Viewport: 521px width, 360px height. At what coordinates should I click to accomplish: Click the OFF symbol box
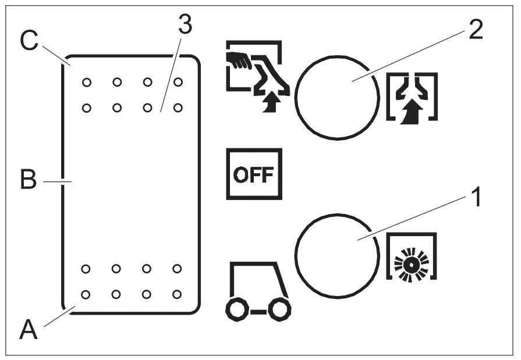[x=254, y=174]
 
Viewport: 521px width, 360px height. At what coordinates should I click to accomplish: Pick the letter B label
[x=28, y=181]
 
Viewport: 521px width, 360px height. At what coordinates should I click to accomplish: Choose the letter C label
[x=29, y=41]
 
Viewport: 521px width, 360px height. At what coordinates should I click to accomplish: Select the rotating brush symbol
[x=412, y=262]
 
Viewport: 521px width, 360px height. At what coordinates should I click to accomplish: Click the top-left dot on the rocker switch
[x=86, y=82]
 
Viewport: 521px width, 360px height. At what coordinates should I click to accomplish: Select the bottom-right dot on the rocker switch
[x=178, y=294]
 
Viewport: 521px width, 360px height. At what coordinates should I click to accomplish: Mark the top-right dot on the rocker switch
[x=178, y=82]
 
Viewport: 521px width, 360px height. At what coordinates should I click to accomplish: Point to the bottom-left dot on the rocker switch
[x=86, y=294]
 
